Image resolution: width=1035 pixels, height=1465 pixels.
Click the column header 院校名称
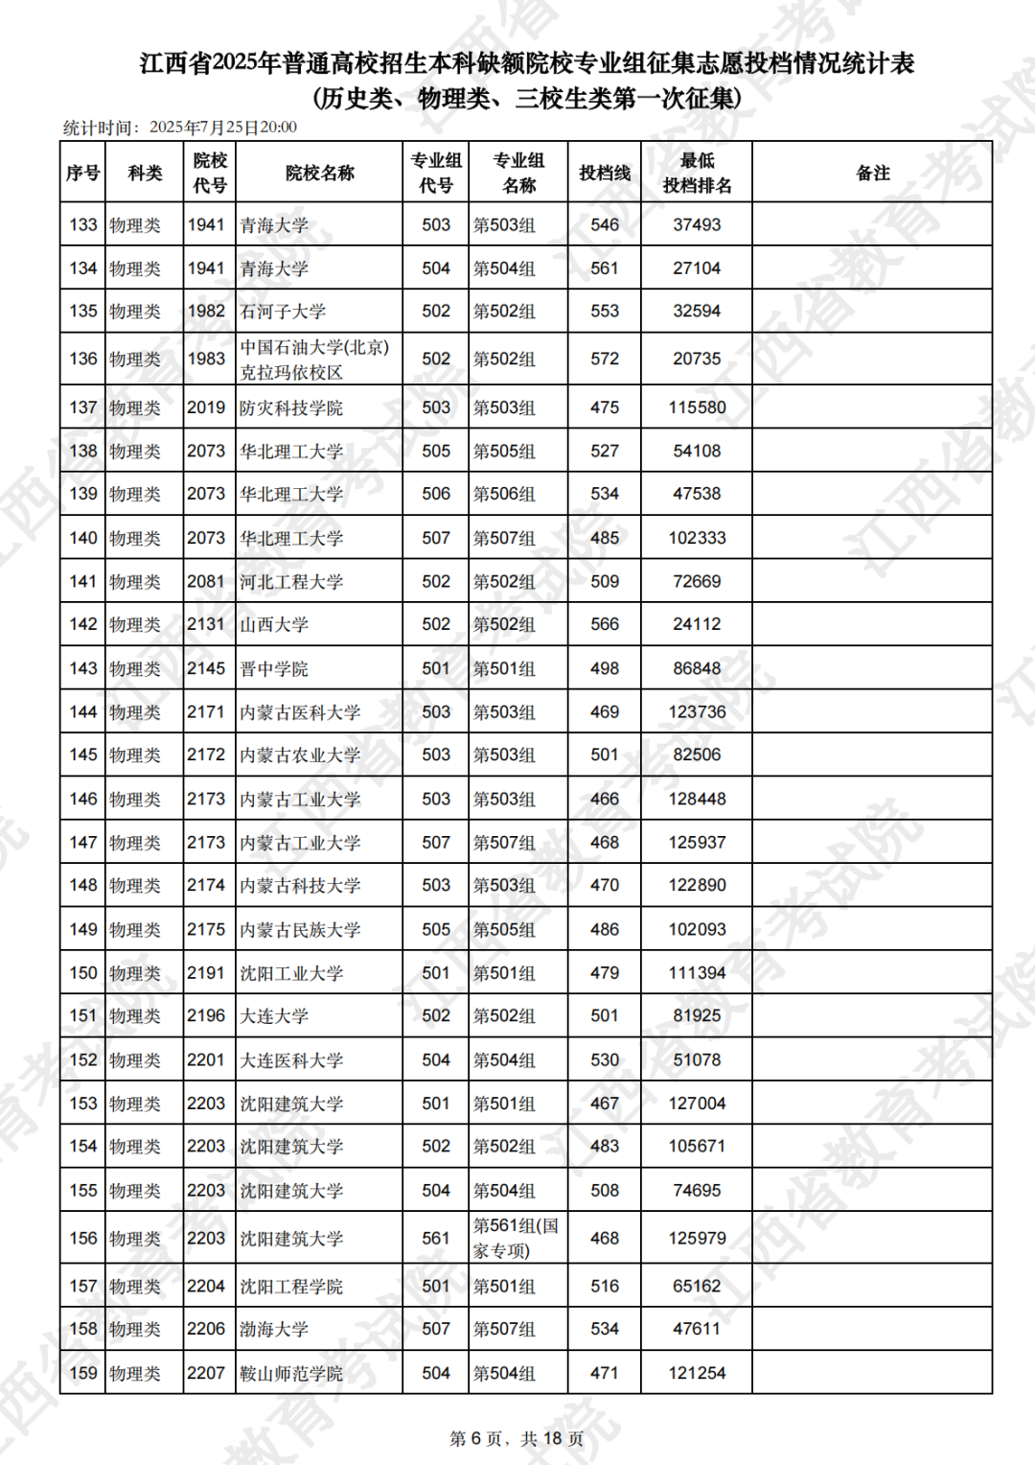(x=319, y=174)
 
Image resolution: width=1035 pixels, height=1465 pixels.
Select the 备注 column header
(x=872, y=174)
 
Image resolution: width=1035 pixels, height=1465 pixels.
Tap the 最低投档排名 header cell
(x=697, y=174)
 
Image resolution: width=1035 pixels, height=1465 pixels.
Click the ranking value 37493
(x=697, y=225)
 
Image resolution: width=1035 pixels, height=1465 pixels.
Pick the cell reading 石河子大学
(x=283, y=312)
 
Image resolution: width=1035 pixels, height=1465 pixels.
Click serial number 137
(x=83, y=408)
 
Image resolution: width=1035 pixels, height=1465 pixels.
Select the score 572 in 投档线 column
(x=605, y=360)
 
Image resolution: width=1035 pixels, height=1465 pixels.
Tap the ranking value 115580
(x=697, y=408)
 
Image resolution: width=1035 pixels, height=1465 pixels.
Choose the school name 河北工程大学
(x=291, y=582)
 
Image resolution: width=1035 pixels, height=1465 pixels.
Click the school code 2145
(x=206, y=669)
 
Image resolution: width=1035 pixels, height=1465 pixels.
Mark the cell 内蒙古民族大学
(x=300, y=930)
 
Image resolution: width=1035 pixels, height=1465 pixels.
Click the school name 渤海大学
(x=274, y=1330)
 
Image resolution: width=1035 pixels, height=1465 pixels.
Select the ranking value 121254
(x=697, y=1374)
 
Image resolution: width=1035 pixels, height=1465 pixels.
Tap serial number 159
(x=83, y=1374)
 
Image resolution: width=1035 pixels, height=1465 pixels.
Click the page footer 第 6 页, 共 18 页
(x=517, y=1439)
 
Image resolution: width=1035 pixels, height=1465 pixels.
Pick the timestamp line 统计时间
(x=180, y=128)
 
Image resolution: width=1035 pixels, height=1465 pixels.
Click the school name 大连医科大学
(x=291, y=1060)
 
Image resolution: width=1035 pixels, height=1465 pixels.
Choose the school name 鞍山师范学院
(x=291, y=1374)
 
